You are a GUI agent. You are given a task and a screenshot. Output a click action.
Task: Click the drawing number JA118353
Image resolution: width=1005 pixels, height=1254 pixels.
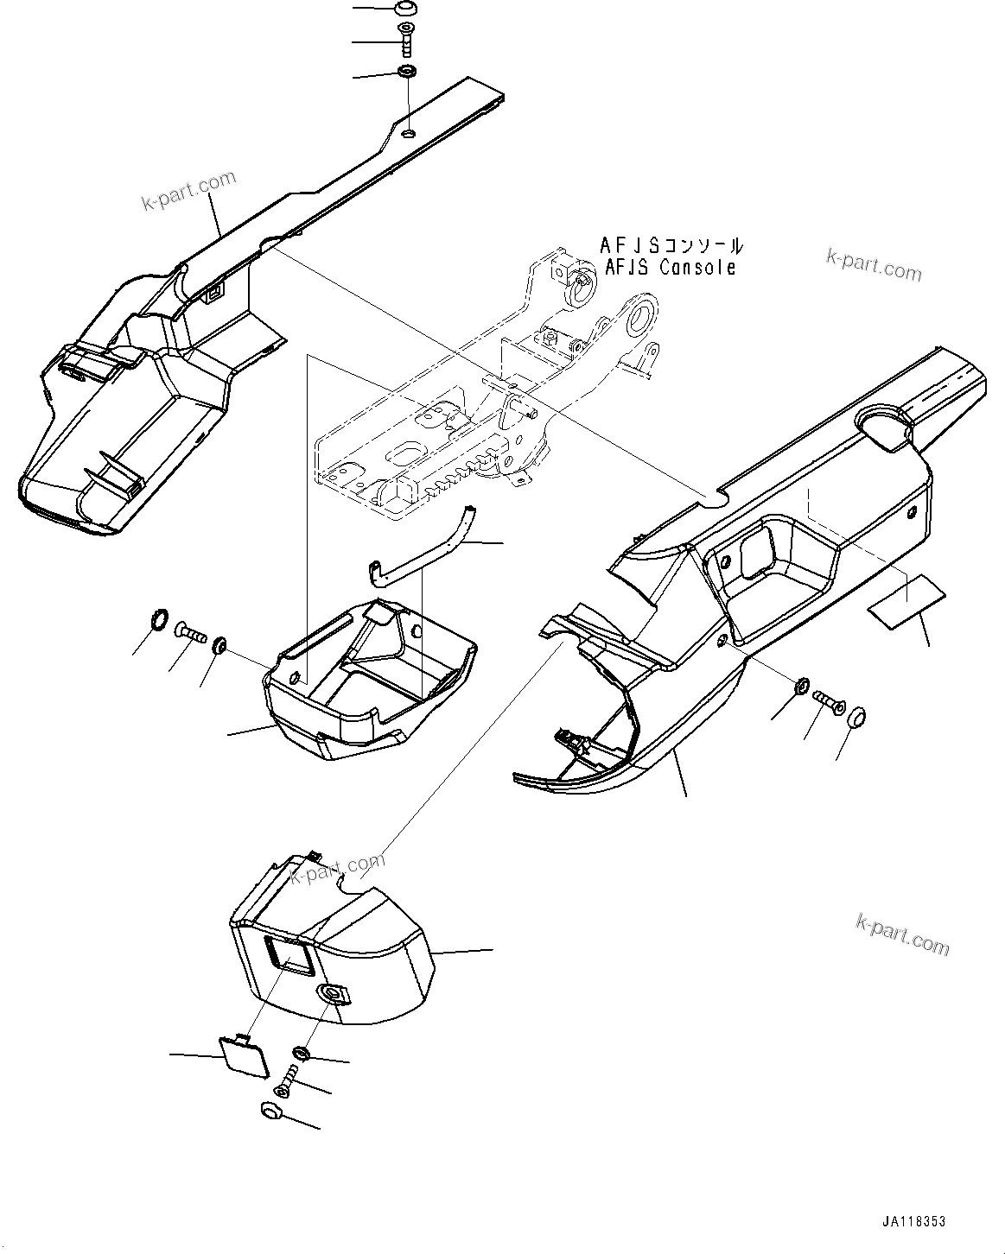(x=913, y=1222)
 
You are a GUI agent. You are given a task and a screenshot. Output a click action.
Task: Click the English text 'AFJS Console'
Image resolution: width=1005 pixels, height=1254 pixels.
(x=670, y=268)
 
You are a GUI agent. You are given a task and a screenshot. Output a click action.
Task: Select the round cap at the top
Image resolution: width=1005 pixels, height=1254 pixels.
(x=403, y=9)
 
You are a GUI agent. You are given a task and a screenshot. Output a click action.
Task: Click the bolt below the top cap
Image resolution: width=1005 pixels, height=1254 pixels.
(x=406, y=40)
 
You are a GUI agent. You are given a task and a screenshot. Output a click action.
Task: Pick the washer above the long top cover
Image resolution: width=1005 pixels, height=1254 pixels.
(x=406, y=72)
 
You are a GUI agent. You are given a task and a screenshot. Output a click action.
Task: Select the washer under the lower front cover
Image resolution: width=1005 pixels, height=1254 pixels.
(x=302, y=1053)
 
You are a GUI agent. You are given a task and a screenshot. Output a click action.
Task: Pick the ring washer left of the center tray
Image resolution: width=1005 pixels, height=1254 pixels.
(x=157, y=619)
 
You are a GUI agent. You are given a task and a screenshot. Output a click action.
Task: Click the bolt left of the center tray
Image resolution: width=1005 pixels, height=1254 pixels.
(x=190, y=634)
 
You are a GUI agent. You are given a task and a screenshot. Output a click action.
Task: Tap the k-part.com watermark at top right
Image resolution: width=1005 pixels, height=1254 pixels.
(x=874, y=265)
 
